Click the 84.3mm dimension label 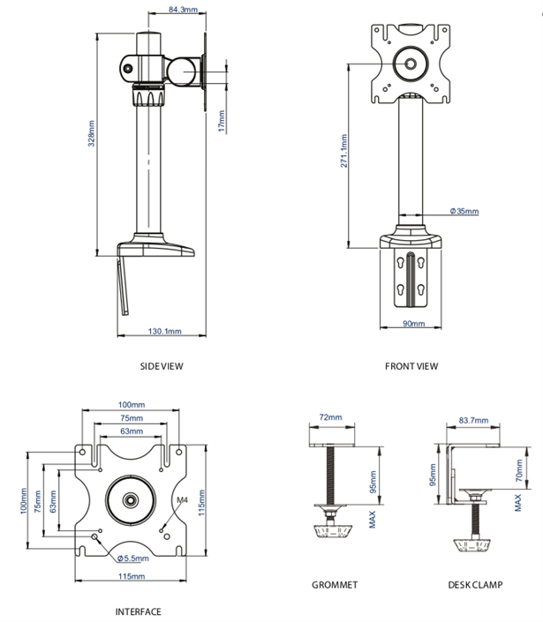pyautogui.click(x=183, y=11)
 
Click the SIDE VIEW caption pyautogui.click(x=162, y=366)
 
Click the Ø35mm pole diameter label pyautogui.click(x=464, y=212)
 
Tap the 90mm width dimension pyautogui.click(x=414, y=324)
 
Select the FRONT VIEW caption pyautogui.click(x=411, y=366)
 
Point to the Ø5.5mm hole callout pyautogui.click(x=134, y=558)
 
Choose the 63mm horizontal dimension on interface pyautogui.click(x=131, y=431)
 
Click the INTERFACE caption pyautogui.click(x=139, y=611)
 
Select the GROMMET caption pyautogui.click(x=335, y=585)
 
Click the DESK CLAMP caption pyautogui.click(x=474, y=585)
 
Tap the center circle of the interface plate pyautogui.click(x=131, y=498)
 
